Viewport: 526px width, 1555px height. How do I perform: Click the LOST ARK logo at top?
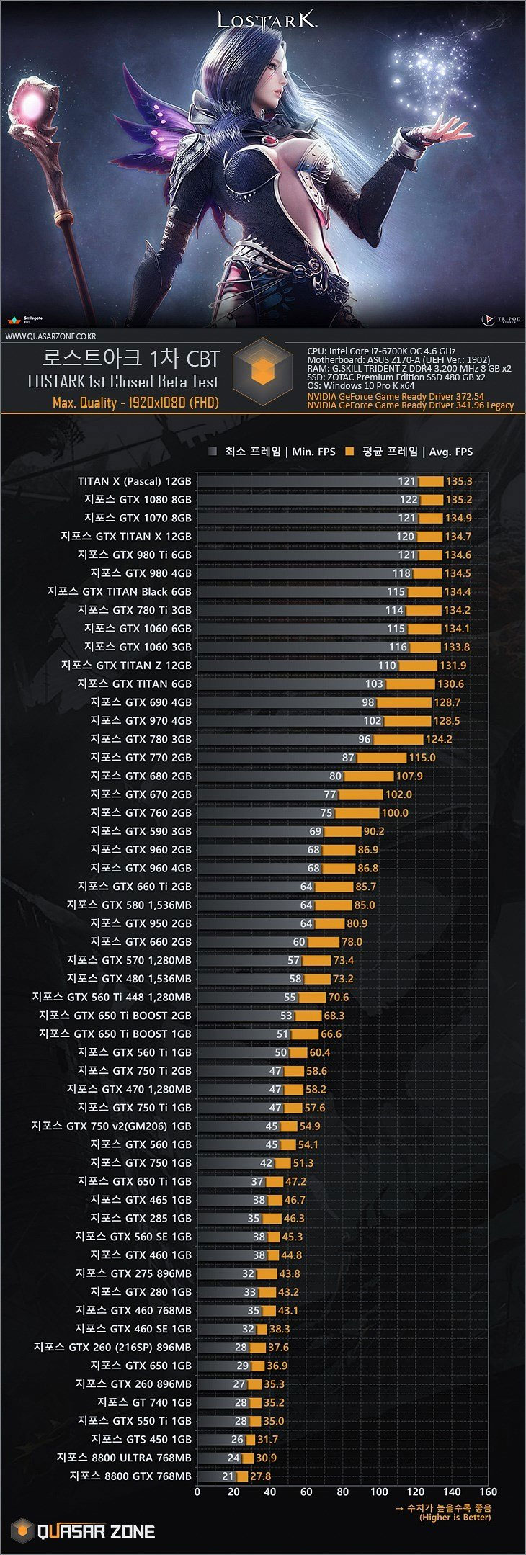pyautogui.click(x=267, y=20)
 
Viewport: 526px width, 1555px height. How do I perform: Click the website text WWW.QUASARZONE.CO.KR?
pyautogui.click(x=51, y=336)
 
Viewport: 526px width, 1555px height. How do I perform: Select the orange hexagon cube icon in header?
pyautogui.click(x=263, y=371)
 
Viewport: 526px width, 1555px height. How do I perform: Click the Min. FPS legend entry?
pyautogui.click(x=272, y=452)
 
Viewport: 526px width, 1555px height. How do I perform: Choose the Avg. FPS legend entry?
pyautogui.click(x=409, y=452)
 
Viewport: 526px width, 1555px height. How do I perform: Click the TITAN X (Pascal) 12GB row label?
pyautogui.click(x=135, y=481)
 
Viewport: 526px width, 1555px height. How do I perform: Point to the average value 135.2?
pyautogui.click(x=458, y=500)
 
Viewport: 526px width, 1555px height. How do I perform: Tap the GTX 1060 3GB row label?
pyautogui.click(x=138, y=647)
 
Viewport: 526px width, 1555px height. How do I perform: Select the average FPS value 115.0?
pyautogui.click(x=422, y=758)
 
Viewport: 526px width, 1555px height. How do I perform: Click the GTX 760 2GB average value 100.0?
pyautogui.click(x=395, y=812)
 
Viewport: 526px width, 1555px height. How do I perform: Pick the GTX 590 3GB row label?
pyautogui.click(x=141, y=831)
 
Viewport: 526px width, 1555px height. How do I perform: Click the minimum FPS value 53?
pyautogui.click(x=286, y=1016)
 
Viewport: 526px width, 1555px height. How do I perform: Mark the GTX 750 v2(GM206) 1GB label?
pyautogui.click(x=112, y=1126)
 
